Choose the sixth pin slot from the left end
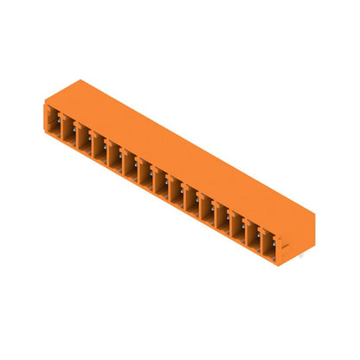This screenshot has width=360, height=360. (129, 158)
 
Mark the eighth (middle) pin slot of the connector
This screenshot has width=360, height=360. (160, 172)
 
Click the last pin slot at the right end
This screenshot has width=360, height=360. (268, 221)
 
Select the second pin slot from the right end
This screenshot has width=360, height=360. (253, 214)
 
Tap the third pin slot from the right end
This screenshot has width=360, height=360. (237, 207)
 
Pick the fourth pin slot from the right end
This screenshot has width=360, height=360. (222, 200)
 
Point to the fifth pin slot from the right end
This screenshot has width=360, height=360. (206, 193)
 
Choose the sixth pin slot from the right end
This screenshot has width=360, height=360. (190, 186)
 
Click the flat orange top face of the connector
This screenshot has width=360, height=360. (190, 147)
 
